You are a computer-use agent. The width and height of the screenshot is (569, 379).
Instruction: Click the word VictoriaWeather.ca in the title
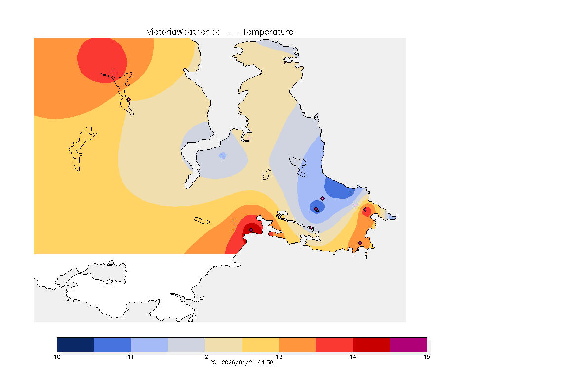pos(183,32)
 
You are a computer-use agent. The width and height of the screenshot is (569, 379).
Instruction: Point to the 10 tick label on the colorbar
pos(57,357)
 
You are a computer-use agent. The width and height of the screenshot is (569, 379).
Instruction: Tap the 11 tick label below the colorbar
pos(131,357)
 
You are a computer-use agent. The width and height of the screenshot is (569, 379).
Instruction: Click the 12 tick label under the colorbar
pos(205,357)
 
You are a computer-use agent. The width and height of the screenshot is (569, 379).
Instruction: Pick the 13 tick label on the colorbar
pos(279,357)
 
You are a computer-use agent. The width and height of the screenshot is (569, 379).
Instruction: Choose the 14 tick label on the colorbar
pos(353,357)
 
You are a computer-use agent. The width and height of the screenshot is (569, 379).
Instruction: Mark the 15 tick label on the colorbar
pos(427,357)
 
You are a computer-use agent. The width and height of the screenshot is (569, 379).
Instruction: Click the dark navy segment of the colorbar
pos(76,344)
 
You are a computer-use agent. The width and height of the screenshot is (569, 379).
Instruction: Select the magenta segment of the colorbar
pos(408,344)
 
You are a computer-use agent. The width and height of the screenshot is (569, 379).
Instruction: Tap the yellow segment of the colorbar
pos(260,344)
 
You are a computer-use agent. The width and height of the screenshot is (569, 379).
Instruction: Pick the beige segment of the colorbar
pos(223,344)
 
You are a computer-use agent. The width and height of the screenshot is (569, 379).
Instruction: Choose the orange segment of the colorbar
pos(297,344)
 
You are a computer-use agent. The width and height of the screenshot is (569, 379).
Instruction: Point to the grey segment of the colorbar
pos(186,344)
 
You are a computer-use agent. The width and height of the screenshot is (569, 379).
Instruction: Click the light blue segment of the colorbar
pos(150,344)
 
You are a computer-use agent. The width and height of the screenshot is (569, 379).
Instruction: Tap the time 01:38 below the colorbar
pos(266,363)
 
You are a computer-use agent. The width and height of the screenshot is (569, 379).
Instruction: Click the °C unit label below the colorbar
pos(213,363)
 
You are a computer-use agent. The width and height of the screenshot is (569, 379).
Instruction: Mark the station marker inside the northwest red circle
pos(114,72)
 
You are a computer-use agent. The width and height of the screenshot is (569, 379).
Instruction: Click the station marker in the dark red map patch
pos(251,230)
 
